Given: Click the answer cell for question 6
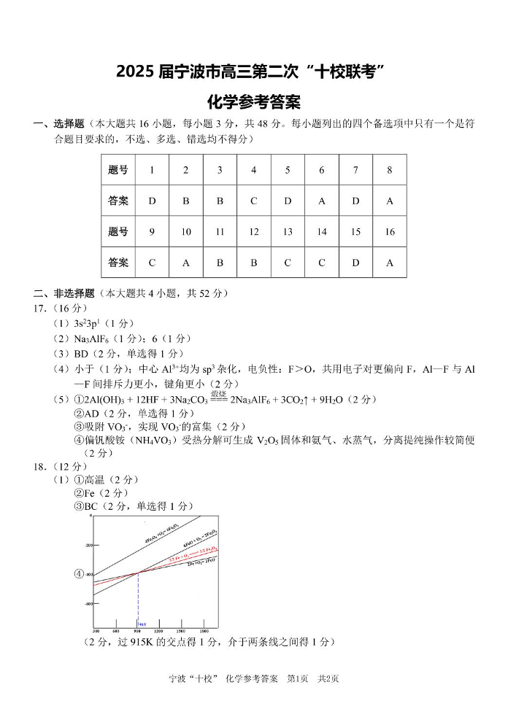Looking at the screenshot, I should coord(321,201).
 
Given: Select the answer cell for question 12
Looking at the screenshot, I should coord(253,263).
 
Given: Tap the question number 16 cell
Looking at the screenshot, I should coord(389,232).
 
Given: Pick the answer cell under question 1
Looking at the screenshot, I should coord(152,201).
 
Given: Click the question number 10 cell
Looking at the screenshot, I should coord(186,232).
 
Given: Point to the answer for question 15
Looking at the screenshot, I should coord(355,263).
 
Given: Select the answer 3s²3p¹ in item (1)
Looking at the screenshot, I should coord(89,323).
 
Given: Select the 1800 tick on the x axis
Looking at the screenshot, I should coord(204,630).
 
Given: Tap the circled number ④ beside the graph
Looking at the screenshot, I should coord(79,573).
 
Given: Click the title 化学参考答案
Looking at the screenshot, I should coord(253,101).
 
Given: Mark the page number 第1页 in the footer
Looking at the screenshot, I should coord(300,678).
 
